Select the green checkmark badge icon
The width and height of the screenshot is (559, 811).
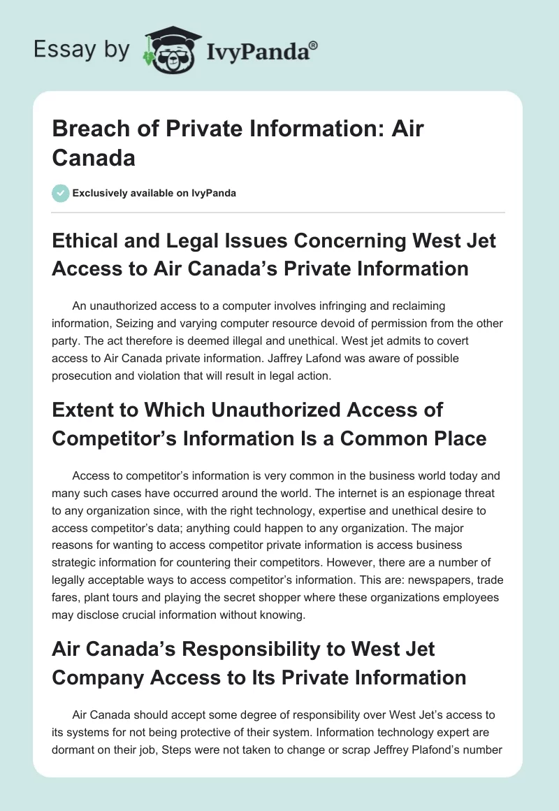[x=61, y=193]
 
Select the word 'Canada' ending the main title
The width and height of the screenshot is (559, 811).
[x=94, y=158]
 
